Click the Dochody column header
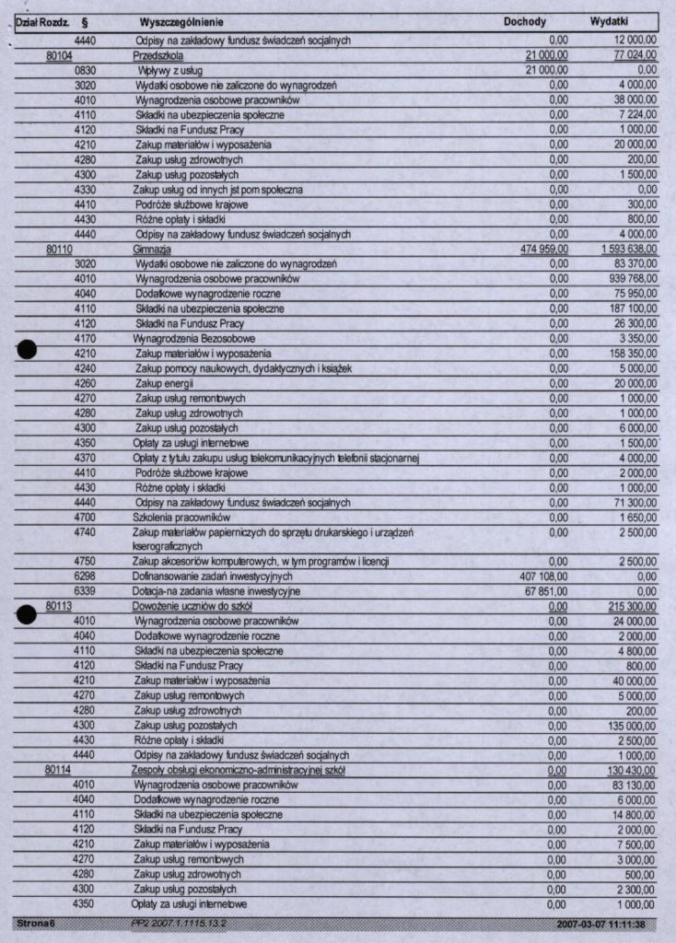(525, 21)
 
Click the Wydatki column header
(609, 21)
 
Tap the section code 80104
(60, 55)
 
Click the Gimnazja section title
(153, 250)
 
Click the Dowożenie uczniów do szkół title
(192, 607)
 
